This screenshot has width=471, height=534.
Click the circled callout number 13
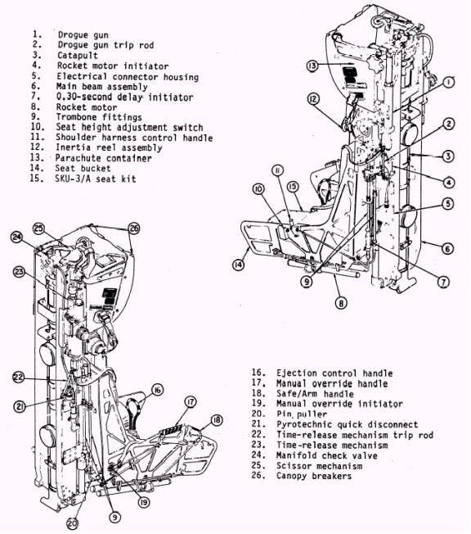(x=312, y=65)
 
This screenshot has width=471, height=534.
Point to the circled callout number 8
(x=341, y=302)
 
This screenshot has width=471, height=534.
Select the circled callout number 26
(x=134, y=229)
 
